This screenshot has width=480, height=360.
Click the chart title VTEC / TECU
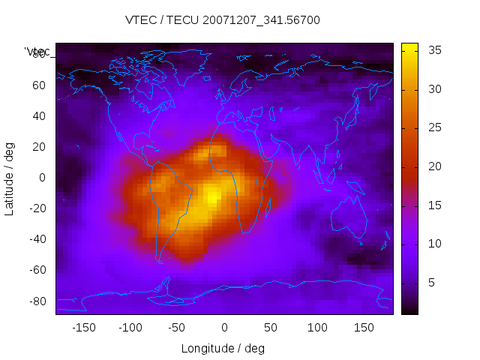[223, 20]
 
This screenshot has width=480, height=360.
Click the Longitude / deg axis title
[223, 348]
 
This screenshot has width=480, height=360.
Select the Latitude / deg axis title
[10, 178]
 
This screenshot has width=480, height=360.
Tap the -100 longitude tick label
[130, 328]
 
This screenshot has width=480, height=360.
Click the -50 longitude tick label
[177, 328]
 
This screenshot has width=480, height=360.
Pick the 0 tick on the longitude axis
[224, 328]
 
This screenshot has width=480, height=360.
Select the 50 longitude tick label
[271, 328]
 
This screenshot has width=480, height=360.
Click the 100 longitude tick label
[318, 328]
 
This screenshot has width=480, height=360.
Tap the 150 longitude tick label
[364, 328]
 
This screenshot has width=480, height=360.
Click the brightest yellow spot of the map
[213, 198]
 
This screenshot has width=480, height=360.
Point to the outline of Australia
[349, 222]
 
